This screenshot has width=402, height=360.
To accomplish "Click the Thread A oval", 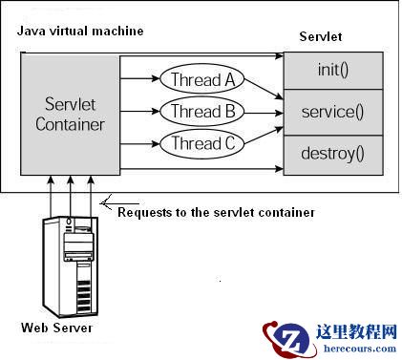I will click(202, 79).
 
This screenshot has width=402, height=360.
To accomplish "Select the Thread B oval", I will click(202, 111).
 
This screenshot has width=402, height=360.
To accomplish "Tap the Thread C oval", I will click(202, 143).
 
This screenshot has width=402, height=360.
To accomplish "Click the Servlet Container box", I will click(70, 114).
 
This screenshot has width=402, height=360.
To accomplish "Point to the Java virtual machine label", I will click(80, 32).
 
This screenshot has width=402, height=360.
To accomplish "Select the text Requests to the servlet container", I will click(216, 212).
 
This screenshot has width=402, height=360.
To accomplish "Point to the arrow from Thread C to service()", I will click(263, 133).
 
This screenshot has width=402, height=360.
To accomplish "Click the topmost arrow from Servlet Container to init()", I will click(201, 58).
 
